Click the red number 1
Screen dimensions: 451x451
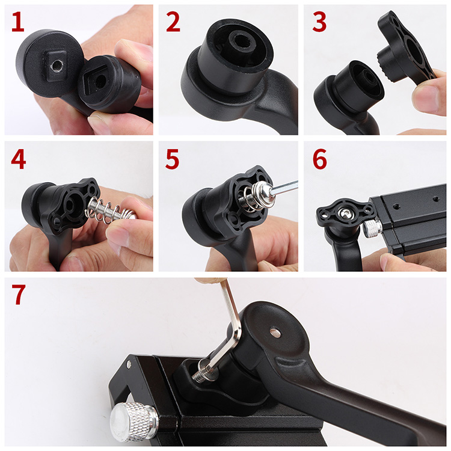pyautogui.click(x=18, y=22)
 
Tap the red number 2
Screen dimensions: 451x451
pyautogui.click(x=173, y=22)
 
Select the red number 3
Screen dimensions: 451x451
pyautogui.click(x=319, y=22)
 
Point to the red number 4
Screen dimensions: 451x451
pyautogui.click(x=19, y=159)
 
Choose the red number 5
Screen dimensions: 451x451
pyautogui.click(x=173, y=159)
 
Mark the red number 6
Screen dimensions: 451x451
pyautogui.click(x=319, y=159)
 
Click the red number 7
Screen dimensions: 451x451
pyautogui.click(x=19, y=295)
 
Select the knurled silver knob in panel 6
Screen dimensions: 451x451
pyautogui.click(x=372, y=229)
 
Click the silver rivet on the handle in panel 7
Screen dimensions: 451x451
pyautogui.click(x=275, y=332)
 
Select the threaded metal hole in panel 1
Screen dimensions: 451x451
pyautogui.click(x=57, y=66)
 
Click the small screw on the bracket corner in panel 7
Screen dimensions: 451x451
pyautogui.click(x=129, y=364)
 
